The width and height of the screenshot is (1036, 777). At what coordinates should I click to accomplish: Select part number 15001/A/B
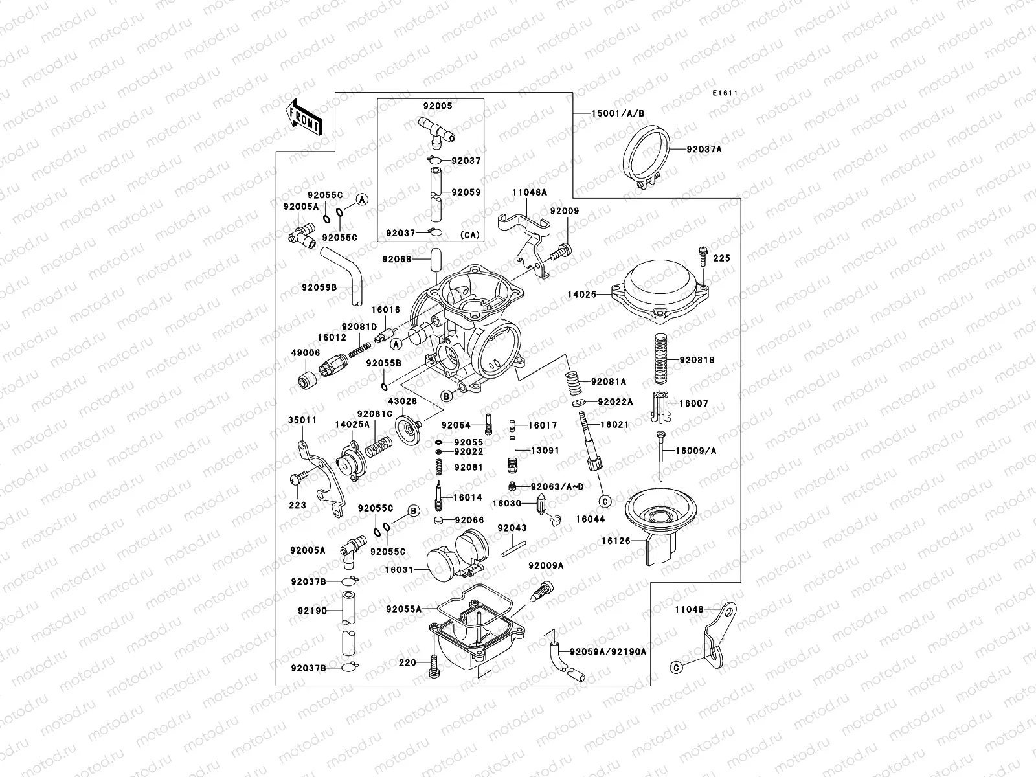(618, 113)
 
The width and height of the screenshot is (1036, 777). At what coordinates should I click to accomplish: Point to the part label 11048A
(530, 192)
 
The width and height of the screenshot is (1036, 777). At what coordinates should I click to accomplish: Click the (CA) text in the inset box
(470, 235)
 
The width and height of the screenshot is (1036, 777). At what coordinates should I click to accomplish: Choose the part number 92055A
(403, 609)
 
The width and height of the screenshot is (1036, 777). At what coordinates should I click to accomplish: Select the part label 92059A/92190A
(608, 652)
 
